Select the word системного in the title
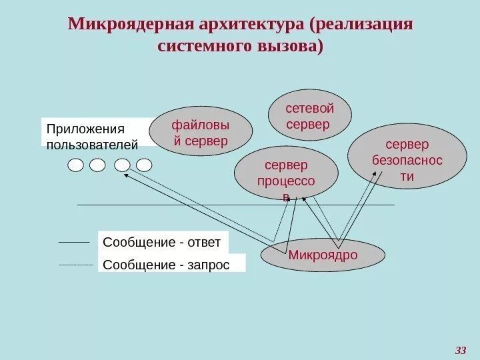202,47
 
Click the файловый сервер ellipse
201,131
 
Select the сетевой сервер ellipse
309,116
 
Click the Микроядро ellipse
323,255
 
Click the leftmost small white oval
75,165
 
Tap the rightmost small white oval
145,165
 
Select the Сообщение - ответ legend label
163,242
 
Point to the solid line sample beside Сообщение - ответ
73,242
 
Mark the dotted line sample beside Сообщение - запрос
75,265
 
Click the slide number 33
461,349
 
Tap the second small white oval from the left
98,165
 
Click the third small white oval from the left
122,165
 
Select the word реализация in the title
366,25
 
